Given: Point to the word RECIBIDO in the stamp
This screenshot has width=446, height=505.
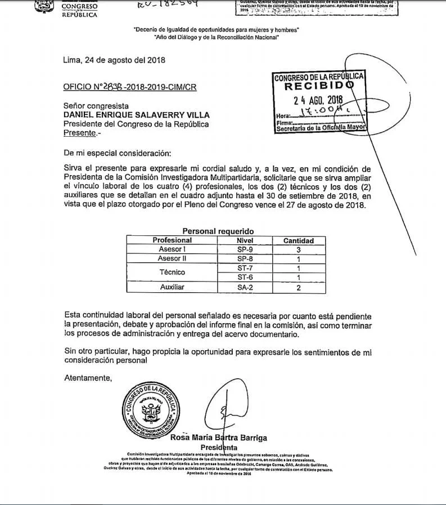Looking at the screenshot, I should pos(318,87).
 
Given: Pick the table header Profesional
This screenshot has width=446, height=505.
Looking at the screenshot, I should pos(172,240).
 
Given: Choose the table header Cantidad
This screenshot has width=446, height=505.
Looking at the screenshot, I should pos(298,241).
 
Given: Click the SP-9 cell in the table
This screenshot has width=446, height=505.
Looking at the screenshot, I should pos(244,249).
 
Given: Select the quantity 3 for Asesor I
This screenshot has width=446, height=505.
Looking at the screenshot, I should pos(299,249).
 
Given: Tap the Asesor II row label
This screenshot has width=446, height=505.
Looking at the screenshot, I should pos(172,258).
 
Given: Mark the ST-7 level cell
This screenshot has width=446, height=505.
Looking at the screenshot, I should pos(244,268).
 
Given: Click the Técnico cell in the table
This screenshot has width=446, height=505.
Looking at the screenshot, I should pos(172,272).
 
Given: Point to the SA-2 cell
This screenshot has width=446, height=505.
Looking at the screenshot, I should pos(244,287).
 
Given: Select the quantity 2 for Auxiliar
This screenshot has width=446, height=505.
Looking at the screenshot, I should pos(299,288).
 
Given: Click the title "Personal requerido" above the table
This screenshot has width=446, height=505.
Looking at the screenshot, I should pos(218,231).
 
